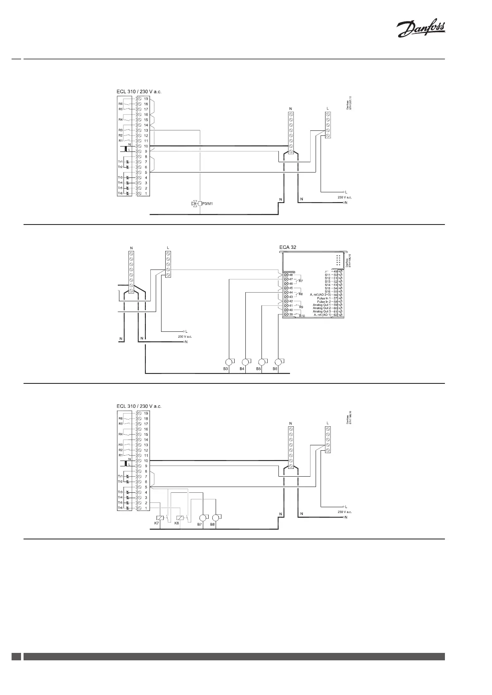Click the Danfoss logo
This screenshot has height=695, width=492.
[x=421, y=30]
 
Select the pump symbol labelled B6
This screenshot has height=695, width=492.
[x=279, y=362]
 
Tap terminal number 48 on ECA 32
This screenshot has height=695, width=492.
[x=291, y=275]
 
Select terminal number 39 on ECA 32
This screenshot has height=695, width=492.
[x=291, y=314]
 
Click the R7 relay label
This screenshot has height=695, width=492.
[x=301, y=281]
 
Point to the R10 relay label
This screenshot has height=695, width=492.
[x=302, y=316]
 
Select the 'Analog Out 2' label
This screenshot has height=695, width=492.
[x=321, y=308]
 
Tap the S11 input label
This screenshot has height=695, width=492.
[x=328, y=275]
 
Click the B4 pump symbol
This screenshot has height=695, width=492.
[x=245, y=362]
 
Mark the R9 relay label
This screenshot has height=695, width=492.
[x=301, y=307]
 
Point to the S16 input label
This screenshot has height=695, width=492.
[x=328, y=291]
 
